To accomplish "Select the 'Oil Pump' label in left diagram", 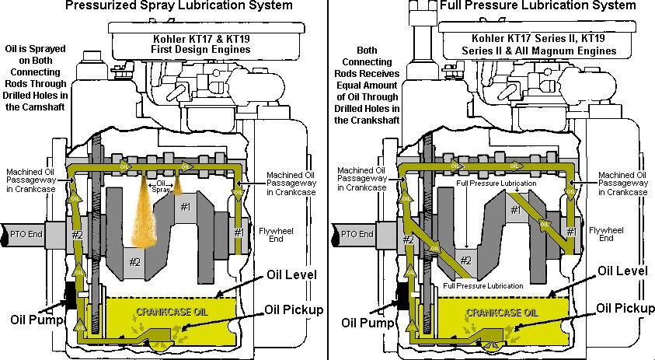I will (34, 319).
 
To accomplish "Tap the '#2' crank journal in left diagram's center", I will (134, 261).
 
